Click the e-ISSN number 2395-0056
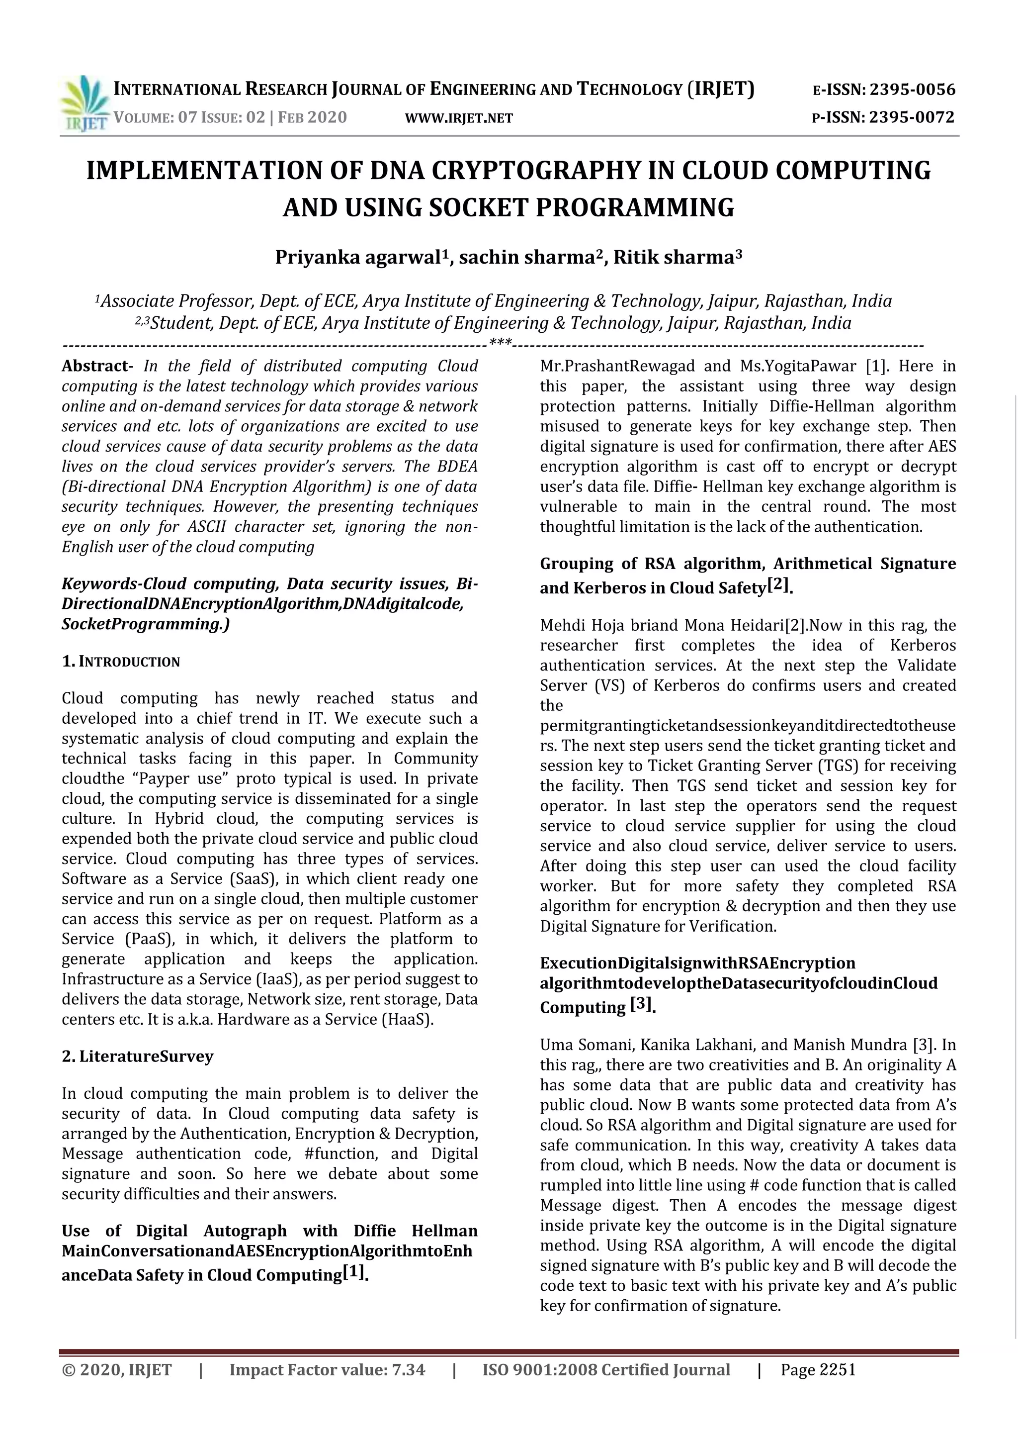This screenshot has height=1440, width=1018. tap(913, 90)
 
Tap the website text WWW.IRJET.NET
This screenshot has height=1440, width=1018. tap(459, 118)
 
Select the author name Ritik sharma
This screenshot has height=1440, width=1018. tap(673, 258)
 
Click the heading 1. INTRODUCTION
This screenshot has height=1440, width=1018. tap(121, 662)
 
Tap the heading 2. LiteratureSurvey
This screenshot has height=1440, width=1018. tap(137, 1056)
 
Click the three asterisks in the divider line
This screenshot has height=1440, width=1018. tap(500, 342)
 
